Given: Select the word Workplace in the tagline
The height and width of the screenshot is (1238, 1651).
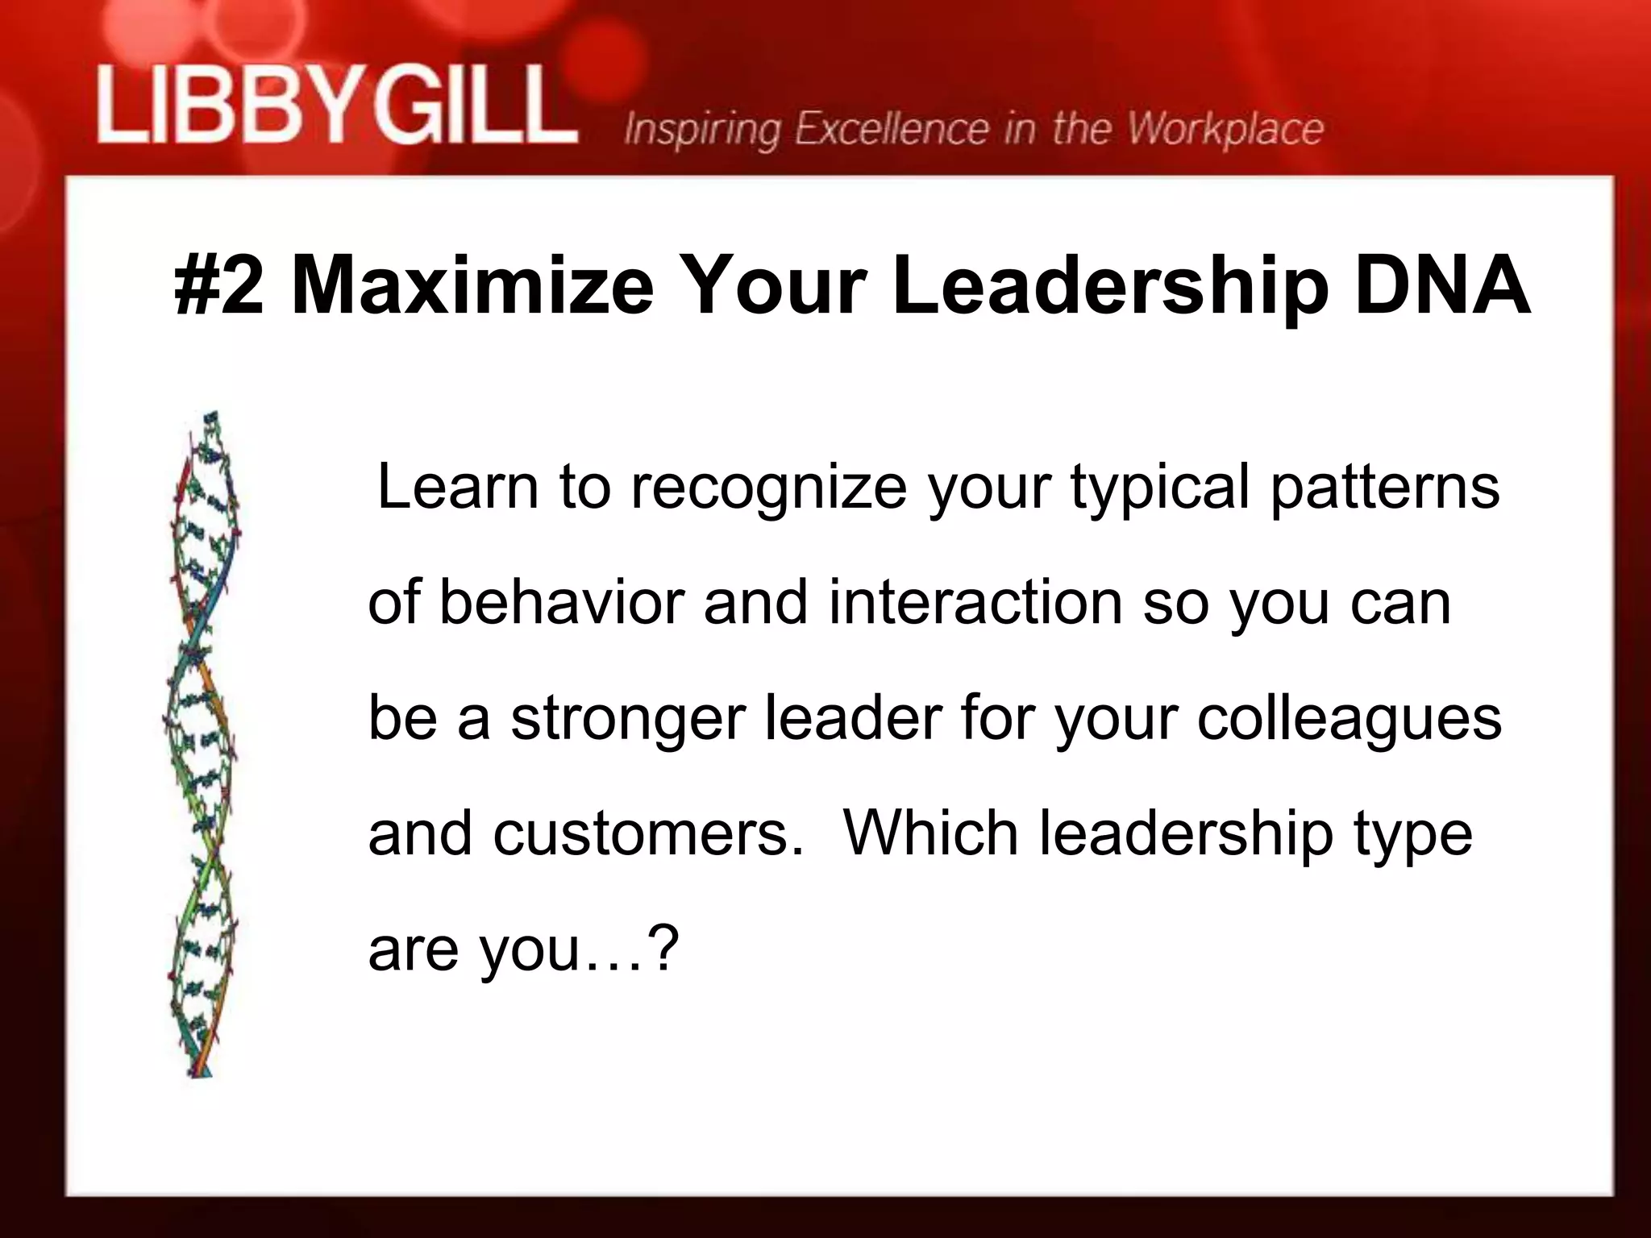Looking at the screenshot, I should [x=1225, y=130].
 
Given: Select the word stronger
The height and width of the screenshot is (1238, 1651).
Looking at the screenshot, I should [x=628, y=720].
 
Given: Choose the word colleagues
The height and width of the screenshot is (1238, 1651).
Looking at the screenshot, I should [x=1349, y=720].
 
